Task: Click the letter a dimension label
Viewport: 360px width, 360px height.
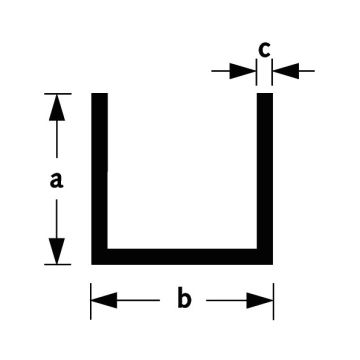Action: (x=56, y=181)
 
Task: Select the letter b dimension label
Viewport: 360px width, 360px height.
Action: (x=184, y=298)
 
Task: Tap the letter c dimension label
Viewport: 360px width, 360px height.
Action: (x=264, y=50)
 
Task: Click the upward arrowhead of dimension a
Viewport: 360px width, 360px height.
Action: (x=57, y=108)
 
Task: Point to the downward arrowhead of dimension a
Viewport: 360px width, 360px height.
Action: (x=57, y=251)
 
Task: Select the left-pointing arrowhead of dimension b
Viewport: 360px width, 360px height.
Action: (x=104, y=300)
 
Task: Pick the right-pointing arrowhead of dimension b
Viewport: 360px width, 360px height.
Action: (x=260, y=300)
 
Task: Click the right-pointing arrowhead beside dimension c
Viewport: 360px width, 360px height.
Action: (x=243, y=71)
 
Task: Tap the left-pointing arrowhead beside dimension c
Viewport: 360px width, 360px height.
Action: (x=286, y=71)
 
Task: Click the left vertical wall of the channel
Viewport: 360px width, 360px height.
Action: (x=99, y=171)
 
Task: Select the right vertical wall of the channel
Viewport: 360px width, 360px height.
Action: (x=265, y=171)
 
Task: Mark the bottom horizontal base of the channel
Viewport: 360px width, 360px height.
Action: (x=182, y=257)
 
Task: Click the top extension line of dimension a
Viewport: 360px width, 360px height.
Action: (x=58, y=94)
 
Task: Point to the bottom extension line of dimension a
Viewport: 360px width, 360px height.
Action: (x=58, y=264)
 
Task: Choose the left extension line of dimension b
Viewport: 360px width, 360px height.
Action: (x=91, y=301)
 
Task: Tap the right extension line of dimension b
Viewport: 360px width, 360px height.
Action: (x=273, y=301)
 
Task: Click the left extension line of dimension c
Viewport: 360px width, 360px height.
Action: (x=256, y=72)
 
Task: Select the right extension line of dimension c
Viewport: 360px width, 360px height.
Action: (x=272, y=72)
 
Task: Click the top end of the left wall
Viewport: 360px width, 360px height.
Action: (x=99, y=94)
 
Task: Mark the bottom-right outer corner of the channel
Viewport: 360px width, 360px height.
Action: (x=272, y=264)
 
